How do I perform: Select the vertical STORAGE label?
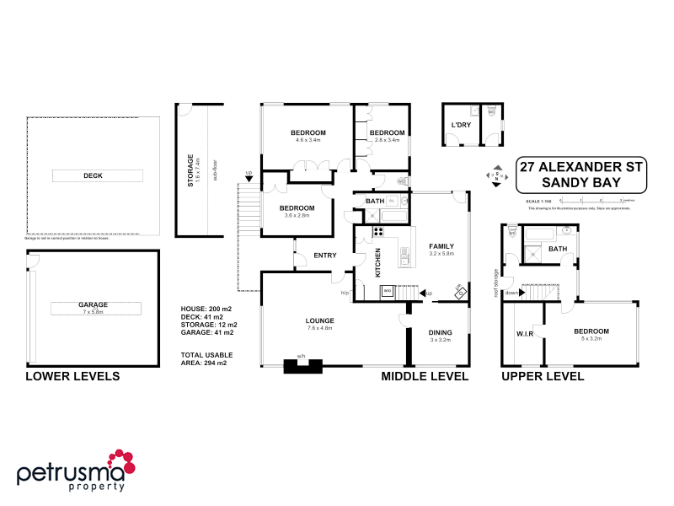click(190, 170)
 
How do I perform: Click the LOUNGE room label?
click(320, 320)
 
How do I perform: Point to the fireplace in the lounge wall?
click(302, 365)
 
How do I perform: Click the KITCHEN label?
click(377, 262)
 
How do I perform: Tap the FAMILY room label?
click(441, 244)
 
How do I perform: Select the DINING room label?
click(441, 332)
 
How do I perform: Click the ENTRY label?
click(325, 256)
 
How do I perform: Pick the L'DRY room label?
click(460, 126)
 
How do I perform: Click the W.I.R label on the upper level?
click(525, 334)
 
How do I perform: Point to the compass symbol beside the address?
click(497, 176)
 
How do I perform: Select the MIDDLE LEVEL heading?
click(425, 376)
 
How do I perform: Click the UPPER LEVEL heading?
click(542, 376)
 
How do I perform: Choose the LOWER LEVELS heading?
click(72, 376)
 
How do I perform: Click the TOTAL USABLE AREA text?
click(206, 358)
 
